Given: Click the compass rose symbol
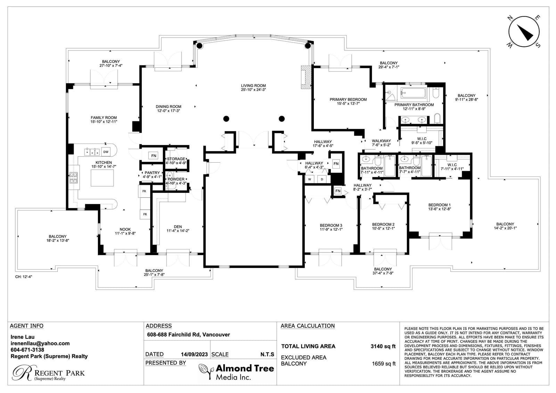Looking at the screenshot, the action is pyautogui.click(x=523, y=32).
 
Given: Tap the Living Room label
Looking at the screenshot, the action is pyautogui.click(x=253, y=88).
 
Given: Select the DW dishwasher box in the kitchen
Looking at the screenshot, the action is pyautogui.click(x=106, y=152).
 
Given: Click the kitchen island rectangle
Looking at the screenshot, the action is pyautogui.click(x=102, y=178).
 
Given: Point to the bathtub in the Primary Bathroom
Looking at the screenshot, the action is pyautogui.click(x=413, y=93).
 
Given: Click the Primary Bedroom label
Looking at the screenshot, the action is pyautogui.click(x=348, y=101).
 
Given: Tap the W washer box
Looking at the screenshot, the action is pyautogui.click(x=310, y=179).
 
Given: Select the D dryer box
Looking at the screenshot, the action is pyautogui.click(x=322, y=179).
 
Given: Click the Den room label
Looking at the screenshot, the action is pyautogui.click(x=178, y=229).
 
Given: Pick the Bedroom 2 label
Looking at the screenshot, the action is pyautogui.click(x=383, y=227).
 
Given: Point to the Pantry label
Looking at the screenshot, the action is pyautogui.click(x=152, y=175).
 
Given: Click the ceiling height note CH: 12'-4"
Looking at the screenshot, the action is pyautogui.click(x=24, y=277).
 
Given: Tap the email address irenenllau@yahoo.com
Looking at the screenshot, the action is pyautogui.click(x=40, y=343).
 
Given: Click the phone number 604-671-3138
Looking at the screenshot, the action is pyautogui.click(x=27, y=350).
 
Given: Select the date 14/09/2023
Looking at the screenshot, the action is pyautogui.click(x=194, y=354).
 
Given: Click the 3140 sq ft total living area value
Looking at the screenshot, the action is pyautogui.click(x=383, y=346).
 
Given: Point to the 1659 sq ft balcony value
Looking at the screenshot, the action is pyautogui.click(x=384, y=364).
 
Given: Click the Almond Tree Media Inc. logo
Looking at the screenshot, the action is pyautogui.click(x=237, y=372).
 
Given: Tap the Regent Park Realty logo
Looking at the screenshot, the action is pyautogui.click(x=49, y=373).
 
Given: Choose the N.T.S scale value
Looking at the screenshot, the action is pyautogui.click(x=267, y=354).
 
